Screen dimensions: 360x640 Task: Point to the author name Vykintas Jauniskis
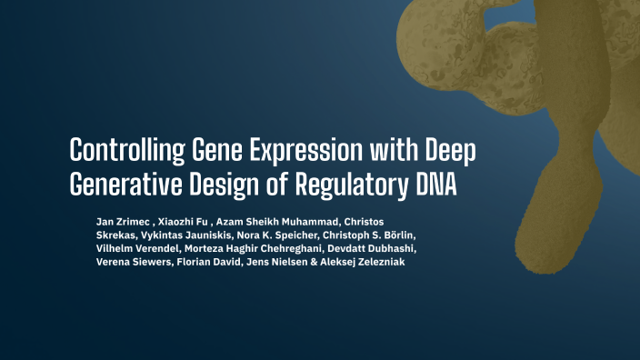[x=186, y=235]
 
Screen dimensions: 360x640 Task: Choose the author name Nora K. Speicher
[x=285, y=235]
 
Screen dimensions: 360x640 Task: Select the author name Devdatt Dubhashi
[x=369, y=248]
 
